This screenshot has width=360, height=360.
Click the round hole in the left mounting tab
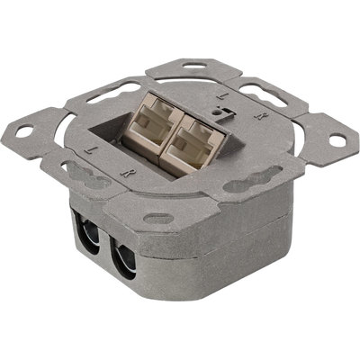(x=24, y=131)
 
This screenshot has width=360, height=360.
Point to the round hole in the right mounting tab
(x=337, y=140)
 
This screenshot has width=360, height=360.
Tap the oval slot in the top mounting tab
(x=194, y=65)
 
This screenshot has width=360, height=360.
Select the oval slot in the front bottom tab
(x=158, y=218)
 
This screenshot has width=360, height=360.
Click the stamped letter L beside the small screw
(x=220, y=96)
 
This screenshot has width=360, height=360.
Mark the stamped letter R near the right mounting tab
(x=258, y=116)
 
